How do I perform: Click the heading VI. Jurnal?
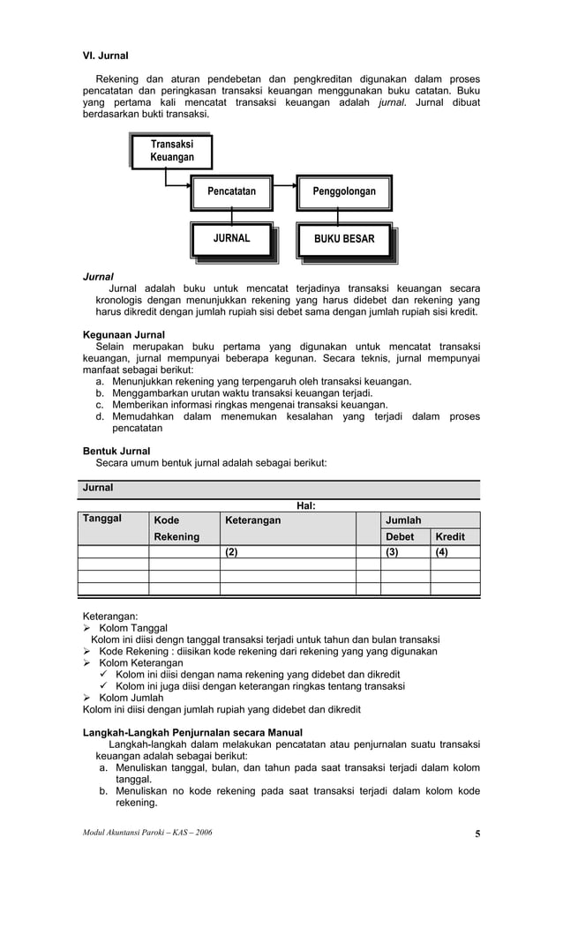coord(105,56)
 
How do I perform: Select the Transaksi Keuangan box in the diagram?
coord(172,151)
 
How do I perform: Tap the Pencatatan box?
coord(231,191)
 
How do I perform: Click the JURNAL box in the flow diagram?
coord(232,238)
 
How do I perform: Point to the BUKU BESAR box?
coord(344,239)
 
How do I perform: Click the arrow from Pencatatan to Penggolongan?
coord(284,187)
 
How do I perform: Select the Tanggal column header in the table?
coord(102,519)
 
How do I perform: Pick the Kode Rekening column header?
coord(176,528)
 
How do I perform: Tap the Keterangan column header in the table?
coord(252,520)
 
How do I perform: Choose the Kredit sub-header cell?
coord(450,537)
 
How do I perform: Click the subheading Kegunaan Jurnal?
coord(124,335)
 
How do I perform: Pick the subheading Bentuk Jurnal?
coord(116,451)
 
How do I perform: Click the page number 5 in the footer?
coord(477,834)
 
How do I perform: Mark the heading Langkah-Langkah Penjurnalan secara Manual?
coord(192,732)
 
